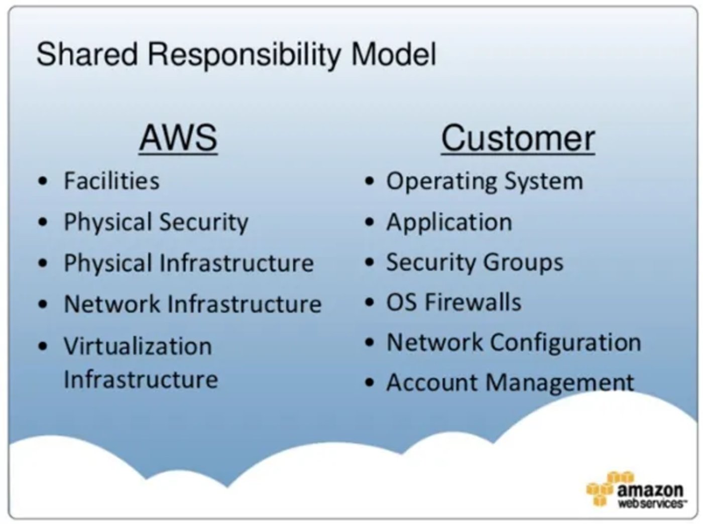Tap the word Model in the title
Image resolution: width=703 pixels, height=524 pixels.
[393, 54]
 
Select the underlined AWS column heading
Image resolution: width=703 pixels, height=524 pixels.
[178, 138]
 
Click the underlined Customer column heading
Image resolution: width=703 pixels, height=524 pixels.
[518, 138]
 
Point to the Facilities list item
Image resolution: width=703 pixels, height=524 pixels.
[111, 181]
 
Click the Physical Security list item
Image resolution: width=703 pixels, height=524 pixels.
[156, 222]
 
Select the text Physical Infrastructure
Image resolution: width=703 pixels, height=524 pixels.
[188, 263]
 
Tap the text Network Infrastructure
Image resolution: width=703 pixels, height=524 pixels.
[192, 304]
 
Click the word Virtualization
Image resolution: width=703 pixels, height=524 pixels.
[138, 346]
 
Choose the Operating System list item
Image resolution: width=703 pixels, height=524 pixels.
[484, 181]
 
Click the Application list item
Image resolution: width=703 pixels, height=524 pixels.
[449, 222]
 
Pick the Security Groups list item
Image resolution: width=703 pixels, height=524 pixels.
[475, 263]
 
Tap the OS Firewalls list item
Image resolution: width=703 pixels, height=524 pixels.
[453, 302]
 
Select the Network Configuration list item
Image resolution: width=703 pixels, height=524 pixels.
[513, 342]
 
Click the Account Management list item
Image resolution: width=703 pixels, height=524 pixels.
[510, 382]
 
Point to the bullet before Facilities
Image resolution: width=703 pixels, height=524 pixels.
[44, 181]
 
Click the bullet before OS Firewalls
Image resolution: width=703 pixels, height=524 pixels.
[370, 303]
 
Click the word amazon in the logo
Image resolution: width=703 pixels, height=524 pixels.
[650, 489]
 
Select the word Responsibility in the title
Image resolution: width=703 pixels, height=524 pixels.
[244, 54]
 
